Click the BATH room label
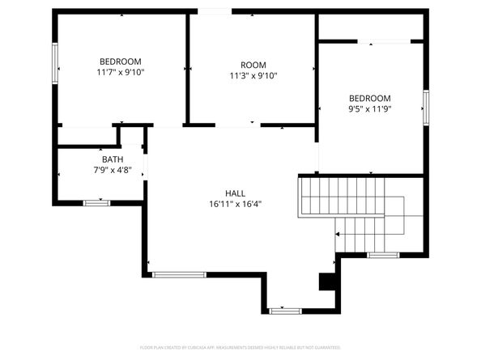point(113,159)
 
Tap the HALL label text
point(236,193)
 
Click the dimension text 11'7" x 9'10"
point(120,72)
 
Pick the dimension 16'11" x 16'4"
point(236,204)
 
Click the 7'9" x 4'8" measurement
point(113,170)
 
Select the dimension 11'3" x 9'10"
point(253,76)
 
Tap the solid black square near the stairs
point(327,282)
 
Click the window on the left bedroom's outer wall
point(56,62)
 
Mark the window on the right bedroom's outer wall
point(424,106)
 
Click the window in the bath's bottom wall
point(97,202)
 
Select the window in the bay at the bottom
point(284,310)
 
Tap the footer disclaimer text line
point(240,347)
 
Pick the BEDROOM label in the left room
point(120,61)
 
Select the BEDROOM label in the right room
point(369,98)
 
